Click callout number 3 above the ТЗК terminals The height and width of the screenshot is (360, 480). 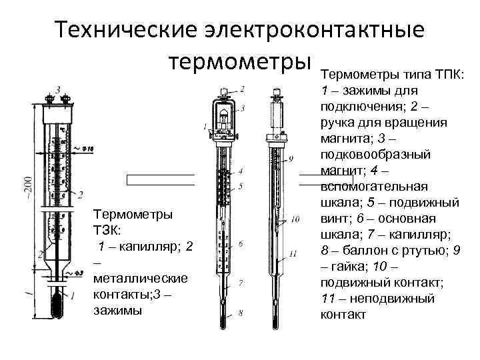tap(59, 89)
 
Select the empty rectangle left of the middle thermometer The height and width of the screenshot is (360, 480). tap(160, 179)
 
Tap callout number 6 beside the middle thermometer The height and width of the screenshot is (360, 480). tap(240, 244)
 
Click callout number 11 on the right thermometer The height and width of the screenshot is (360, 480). tap(293, 254)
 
